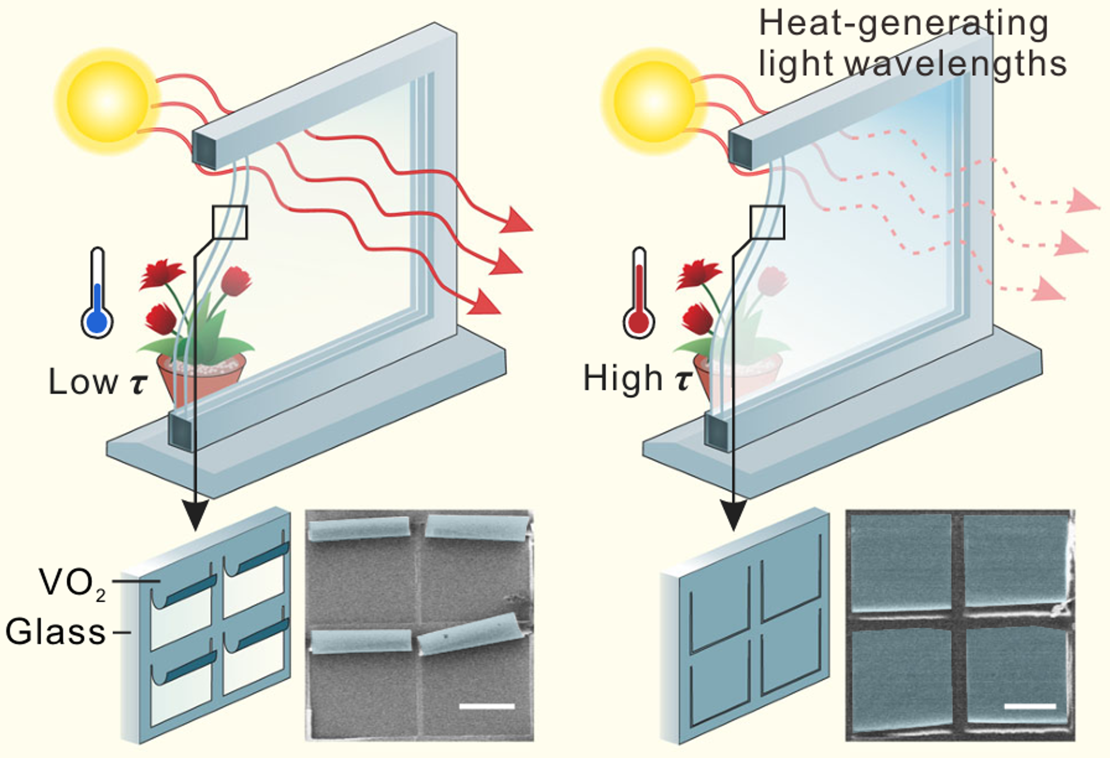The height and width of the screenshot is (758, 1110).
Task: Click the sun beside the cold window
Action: pyautogui.click(x=107, y=101)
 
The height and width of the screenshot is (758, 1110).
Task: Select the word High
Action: pyautogui.click(x=623, y=378)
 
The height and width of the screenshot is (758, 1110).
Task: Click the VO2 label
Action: pyautogui.click(x=72, y=583)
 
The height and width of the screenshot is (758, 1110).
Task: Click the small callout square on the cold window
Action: pyautogui.click(x=230, y=222)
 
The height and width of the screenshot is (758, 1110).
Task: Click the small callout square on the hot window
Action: pyautogui.click(x=767, y=222)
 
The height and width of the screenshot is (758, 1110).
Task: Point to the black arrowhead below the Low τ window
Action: pyautogui.click(x=195, y=516)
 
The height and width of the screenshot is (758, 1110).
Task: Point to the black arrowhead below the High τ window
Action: pyautogui.click(x=733, y=516)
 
